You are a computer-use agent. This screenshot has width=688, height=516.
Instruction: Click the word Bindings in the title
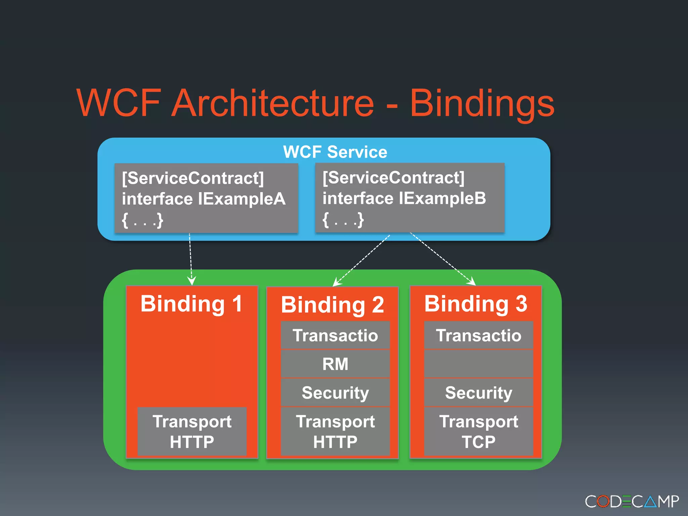(482, 103)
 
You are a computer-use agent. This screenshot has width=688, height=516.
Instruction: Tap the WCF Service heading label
(335, 152)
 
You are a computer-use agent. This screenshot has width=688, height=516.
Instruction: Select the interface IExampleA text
(203, 199)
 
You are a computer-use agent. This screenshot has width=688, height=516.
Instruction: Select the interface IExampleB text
(404, 198)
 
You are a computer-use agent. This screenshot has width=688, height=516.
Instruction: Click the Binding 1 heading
(191, 304)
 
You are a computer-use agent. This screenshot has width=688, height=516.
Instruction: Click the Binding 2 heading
(332, 305)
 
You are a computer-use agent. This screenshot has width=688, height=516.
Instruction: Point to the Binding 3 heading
(476, 304)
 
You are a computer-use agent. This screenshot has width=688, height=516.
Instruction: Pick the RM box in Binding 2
(335, 364)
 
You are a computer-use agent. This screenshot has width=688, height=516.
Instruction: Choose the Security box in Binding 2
(335, 392)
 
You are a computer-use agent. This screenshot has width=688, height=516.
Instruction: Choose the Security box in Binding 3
(478, 392)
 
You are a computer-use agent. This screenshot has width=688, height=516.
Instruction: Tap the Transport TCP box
(478, 431)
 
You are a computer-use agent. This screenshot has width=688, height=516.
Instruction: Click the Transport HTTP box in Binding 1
(192, 431)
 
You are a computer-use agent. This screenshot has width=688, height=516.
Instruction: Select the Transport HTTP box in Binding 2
(335, 431)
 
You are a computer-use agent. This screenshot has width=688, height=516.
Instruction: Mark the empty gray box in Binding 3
(478, 364)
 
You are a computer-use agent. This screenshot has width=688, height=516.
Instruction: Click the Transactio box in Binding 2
(335, 335)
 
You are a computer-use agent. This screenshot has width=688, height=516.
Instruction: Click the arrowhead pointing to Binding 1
(191, 281)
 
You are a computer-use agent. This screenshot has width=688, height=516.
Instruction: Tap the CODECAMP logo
(632, 502)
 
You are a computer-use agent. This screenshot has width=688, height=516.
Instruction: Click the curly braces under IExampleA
(142, 220)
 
